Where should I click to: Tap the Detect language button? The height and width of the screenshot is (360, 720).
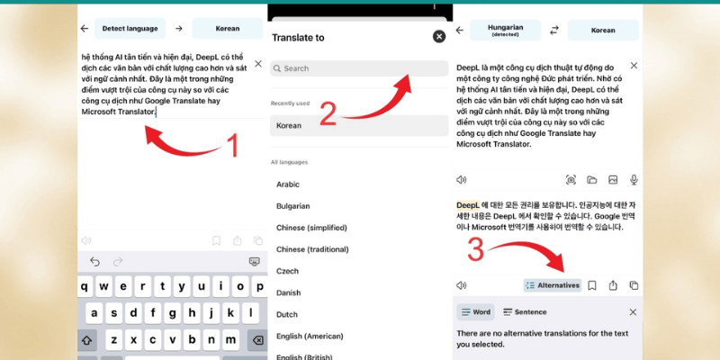[130, 29]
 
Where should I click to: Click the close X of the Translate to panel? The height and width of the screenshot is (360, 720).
[439, 37]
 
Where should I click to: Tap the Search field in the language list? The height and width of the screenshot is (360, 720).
[359, 68]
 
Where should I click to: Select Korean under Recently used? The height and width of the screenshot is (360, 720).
[359, 125]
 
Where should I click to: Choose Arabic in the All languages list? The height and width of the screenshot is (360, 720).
[288, 184]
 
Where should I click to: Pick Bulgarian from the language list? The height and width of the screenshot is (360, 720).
[293, 206]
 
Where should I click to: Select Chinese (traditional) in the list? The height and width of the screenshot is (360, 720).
[312, 249]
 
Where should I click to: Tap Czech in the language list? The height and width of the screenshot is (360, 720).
[287, 271]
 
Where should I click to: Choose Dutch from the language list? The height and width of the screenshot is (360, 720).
[287, 314]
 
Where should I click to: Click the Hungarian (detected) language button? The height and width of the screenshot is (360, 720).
[505, 31]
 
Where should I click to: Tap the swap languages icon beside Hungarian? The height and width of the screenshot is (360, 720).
[554, 31]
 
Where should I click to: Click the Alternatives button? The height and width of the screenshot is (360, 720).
[553, 285]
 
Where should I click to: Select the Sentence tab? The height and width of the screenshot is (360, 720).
[525, 312]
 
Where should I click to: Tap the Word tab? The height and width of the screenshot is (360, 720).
[476, 312]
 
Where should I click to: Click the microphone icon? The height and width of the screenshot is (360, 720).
[634, 179]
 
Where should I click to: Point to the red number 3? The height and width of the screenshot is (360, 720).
[475, 251]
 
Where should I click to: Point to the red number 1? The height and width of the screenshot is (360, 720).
[233, 146]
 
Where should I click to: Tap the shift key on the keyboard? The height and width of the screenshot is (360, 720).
[87, 340]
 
